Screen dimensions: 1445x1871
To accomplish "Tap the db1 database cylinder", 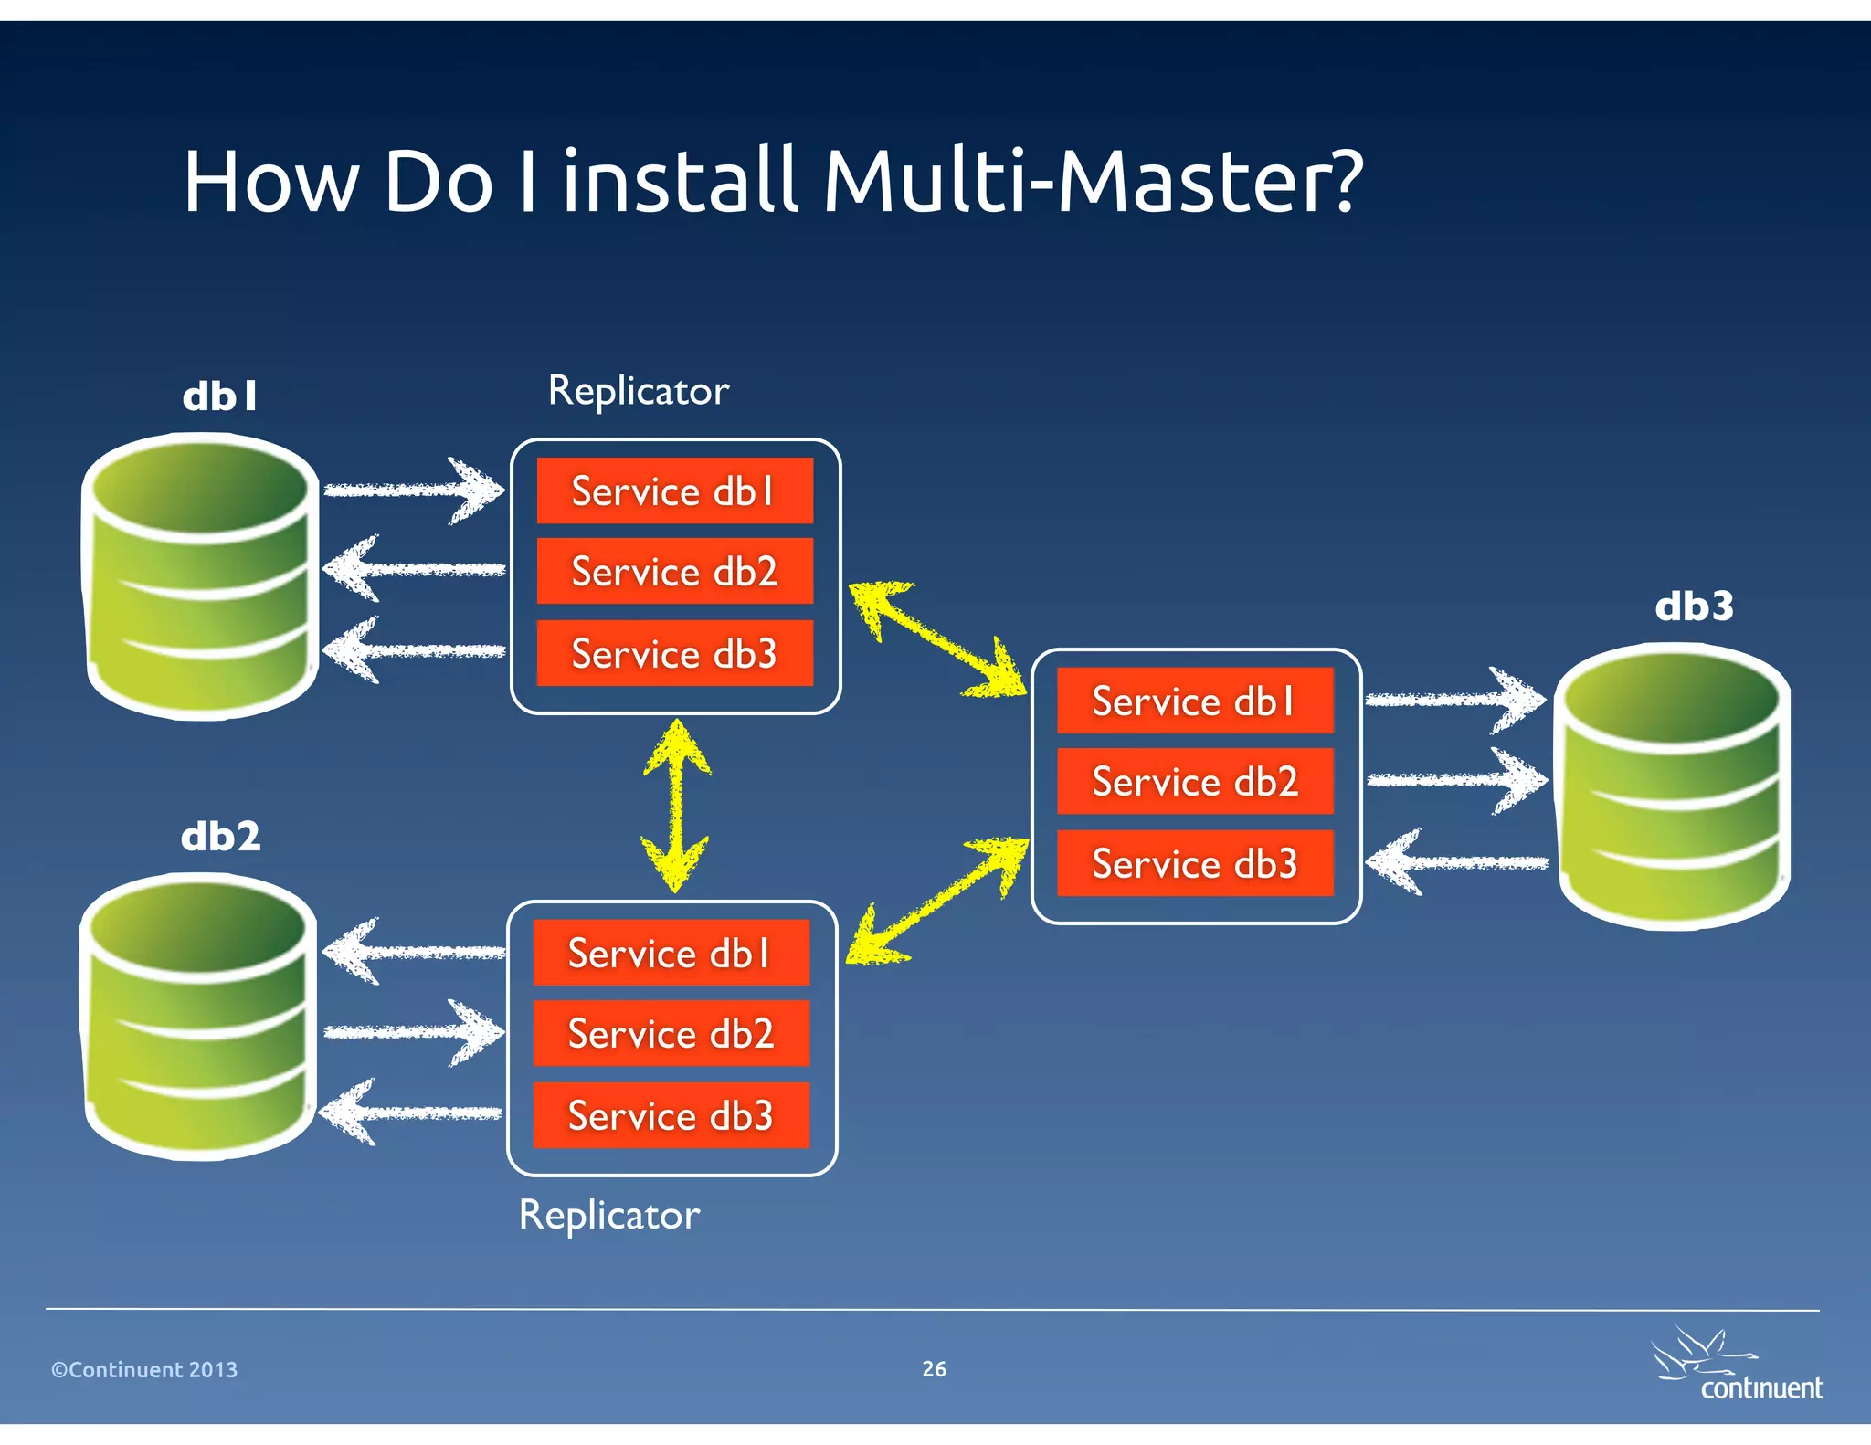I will pyautogui.click(x=201, y=577).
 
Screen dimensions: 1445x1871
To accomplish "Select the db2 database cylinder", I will pyautogui.click(x=199, y=1016).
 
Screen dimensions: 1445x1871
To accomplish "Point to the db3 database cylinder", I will pyautogui.click(x=1674, y=786).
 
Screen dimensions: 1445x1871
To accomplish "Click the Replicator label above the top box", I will pyautogui.click(x=638, y=391).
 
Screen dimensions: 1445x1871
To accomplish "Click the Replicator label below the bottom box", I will pyautogui.click(x=609, y=1215).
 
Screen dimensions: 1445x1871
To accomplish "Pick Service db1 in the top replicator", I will pyautogui.click(x=674, y=491).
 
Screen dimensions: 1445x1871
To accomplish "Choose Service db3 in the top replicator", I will pyautogui.click(x=674, y=653).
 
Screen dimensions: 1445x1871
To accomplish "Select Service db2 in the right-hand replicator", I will pyautogui.click(x=1195, y=781).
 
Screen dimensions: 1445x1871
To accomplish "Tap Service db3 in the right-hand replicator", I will pyautogui.click(x=1195, y=863).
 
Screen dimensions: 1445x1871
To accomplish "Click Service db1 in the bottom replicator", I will pyautogui.click(x=671, y=953).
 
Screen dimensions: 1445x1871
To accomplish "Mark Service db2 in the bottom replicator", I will pyautogui.click(x=671, y=1034).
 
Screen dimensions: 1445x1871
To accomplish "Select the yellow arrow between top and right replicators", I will pyautogui.click(x=937, y=640).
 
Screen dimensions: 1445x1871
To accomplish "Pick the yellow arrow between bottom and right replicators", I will pyautogui.click(x=937, y=900).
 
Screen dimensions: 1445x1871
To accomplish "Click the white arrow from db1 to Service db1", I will pyautogui.click(x=413, y=490).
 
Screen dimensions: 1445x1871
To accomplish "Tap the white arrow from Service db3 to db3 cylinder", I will pyautogui.click(x=1456, y=862).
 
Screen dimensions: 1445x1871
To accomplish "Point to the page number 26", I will pyautogui.click(x=934, y=1368).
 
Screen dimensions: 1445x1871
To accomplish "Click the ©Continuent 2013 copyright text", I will pyautogui.click(x=144, y=1369).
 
